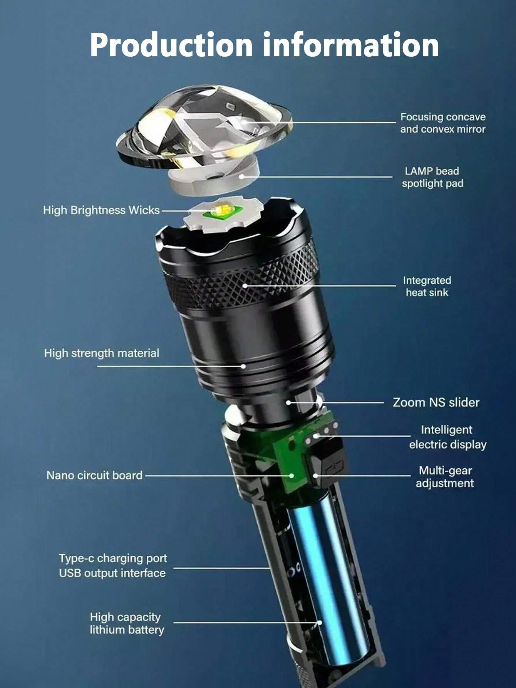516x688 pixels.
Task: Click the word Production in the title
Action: coord(171,45)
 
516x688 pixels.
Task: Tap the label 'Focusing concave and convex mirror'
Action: coord(443,123)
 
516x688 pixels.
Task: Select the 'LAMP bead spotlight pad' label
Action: coord(432,177)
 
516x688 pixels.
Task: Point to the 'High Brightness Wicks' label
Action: coord(101,210)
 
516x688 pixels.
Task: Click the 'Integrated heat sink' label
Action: coord(427,286)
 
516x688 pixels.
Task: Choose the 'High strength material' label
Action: coord(102,353)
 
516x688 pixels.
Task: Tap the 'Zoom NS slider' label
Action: coord(436,402)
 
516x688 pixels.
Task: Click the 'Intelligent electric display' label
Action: coord(447,437)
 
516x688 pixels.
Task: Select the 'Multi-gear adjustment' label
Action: coord(445,477)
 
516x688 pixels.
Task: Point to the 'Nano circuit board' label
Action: coord(94,475)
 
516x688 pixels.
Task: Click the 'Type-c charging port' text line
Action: coord(113,558)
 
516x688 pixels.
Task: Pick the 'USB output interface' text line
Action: coord(112,573)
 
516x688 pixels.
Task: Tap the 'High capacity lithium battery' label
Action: coord(127,624)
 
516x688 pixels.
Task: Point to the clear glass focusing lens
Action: coord(204,127)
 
